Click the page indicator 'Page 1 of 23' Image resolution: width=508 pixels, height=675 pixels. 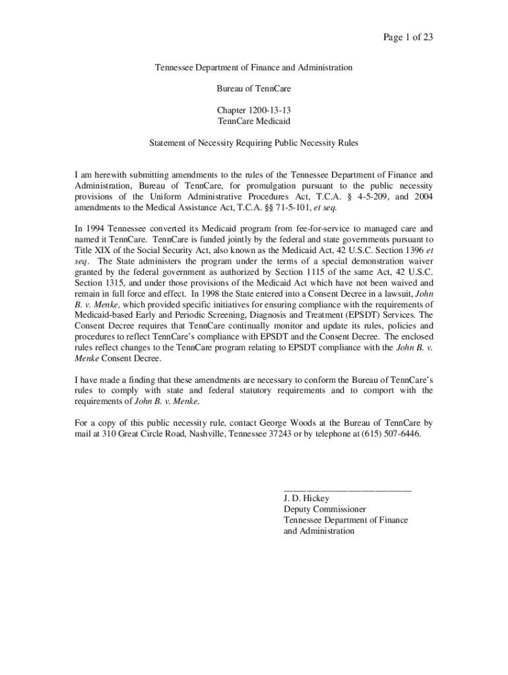pyautogui.click(x=408, y=37)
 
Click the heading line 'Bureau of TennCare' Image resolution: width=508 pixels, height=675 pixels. pyautogui.click(x=254, y=88)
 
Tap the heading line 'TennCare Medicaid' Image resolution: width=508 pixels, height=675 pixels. pyautogui.click(x=254, y=121)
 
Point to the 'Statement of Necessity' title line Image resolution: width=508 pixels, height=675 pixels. pyautogui.click(x=254, y=142)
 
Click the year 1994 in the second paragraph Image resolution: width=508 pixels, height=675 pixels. pyautogui.click(x=96, y=228)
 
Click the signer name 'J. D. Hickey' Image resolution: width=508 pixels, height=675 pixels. pyautogui.click(x=306, y=499)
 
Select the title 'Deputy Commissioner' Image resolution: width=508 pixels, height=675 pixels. pyautogui.click(x=325, y=510)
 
